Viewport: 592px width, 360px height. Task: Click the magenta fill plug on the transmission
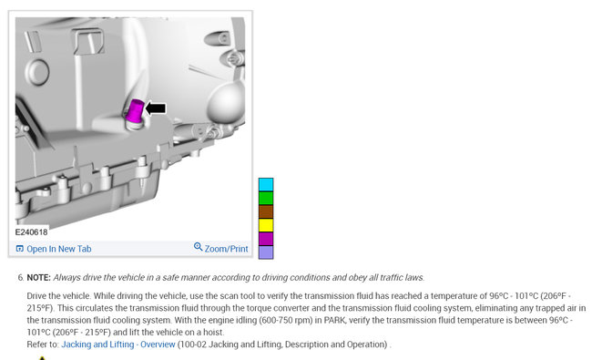(x=135, y=111)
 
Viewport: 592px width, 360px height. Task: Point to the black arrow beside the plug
(x=156, y=108)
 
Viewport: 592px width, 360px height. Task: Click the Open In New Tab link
(x=59, y=249)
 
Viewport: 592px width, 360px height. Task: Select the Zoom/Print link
(x=226, y=249)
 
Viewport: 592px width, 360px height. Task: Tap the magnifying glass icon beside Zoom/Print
(x=199, y=247)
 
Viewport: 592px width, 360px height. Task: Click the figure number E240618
(x=31, y=232)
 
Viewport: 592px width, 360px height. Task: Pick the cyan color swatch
(x=266, y=185)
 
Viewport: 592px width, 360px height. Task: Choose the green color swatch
(x=266, y=199)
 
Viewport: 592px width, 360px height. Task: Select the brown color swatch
(x=266, y=212)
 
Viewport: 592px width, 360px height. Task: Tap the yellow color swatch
(x=266, y=225)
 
